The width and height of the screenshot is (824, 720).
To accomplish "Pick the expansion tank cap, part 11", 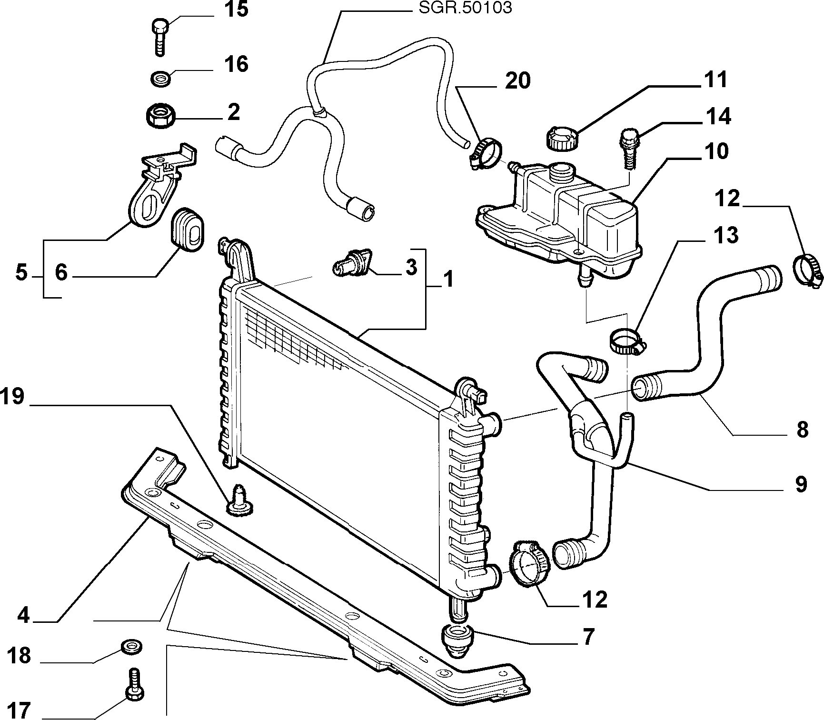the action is [x=560, y=138].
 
